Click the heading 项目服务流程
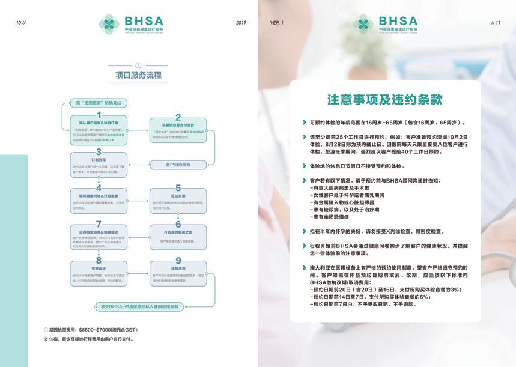[138, 75]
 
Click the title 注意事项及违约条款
[385, 99]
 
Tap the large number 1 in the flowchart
[99, 114]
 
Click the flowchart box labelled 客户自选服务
[178, 164]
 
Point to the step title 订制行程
[99, 160]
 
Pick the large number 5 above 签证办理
[178, 187]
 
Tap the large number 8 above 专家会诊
[99, 260]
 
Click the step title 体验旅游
[178, 268]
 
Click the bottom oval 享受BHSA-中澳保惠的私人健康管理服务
[138, 306]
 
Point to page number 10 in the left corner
[22, 22]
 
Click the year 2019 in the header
[241, 22]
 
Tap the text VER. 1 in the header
[277, 22]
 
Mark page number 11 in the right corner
[496, 22]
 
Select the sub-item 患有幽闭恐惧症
[329, 217]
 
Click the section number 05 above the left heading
[138, 65]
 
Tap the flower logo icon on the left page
[109, 24]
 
